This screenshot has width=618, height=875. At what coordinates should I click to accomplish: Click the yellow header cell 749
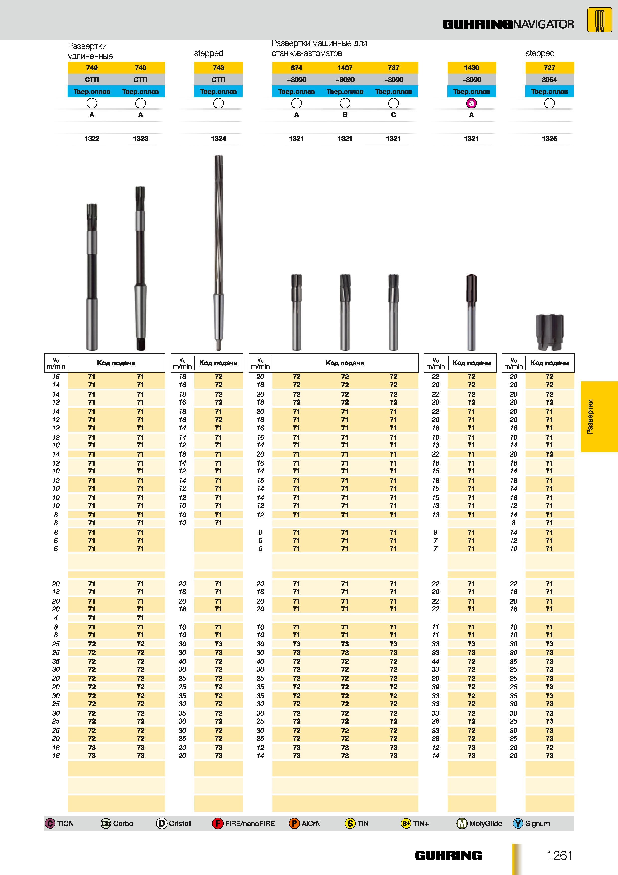point(92,68)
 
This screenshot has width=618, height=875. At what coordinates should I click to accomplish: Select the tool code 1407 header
point(345,68)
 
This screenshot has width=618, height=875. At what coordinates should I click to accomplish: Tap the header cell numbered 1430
point(471,68)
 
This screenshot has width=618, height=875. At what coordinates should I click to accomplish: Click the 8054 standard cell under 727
point(549,80)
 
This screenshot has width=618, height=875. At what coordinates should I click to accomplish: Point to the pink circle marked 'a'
point(471,103)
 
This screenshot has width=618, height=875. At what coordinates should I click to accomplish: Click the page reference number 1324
point(219,139)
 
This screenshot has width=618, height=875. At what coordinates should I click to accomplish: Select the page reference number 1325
point(549,139)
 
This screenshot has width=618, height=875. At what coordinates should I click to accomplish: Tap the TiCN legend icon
point(50,824)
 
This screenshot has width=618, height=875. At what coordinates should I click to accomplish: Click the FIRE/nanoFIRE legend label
point(250,824)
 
